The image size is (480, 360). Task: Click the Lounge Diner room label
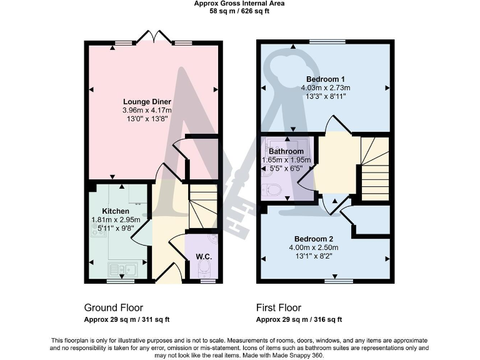147,102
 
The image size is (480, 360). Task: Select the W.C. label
202,256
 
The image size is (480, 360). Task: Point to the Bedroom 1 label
326,79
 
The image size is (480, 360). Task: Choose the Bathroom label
286,151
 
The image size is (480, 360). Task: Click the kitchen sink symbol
123,269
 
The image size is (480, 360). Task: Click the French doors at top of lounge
154,37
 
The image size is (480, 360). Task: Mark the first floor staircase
374,169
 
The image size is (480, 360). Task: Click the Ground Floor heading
113,307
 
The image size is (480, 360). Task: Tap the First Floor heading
279,307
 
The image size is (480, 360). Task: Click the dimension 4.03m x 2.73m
326,88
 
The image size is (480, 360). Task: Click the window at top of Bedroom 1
327,42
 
